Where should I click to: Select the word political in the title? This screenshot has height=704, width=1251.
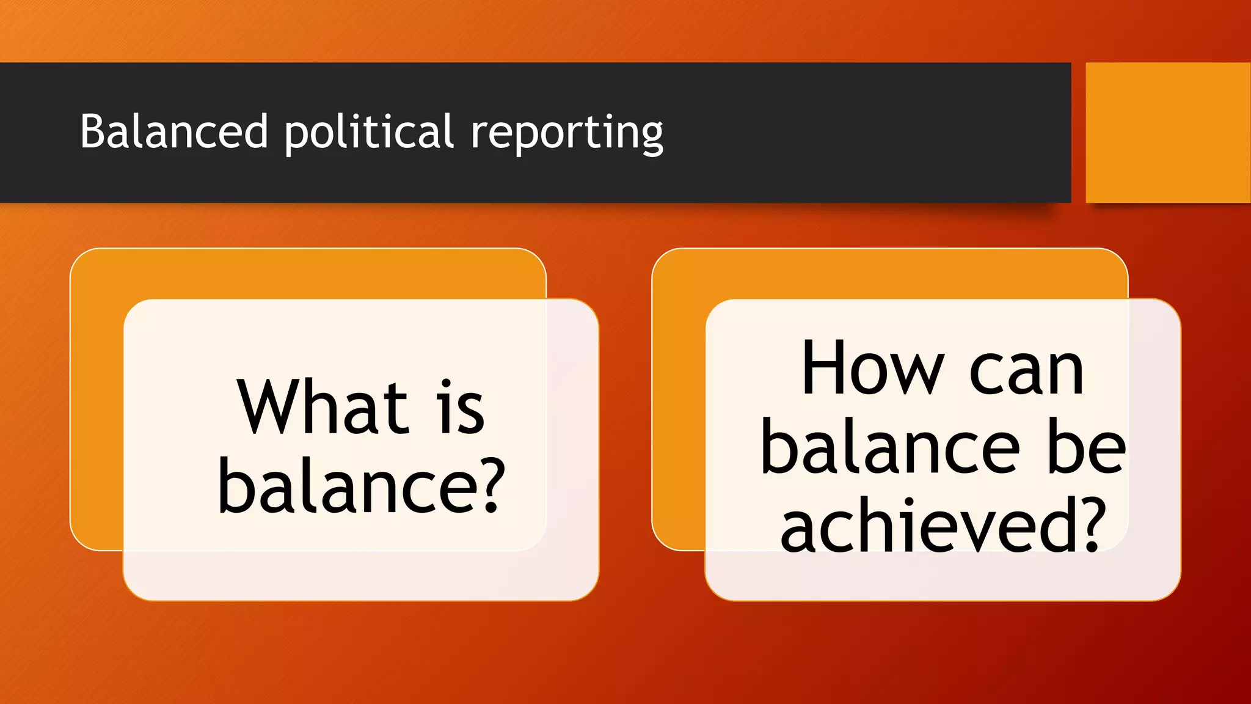369,132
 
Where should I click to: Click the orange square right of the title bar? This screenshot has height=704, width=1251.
1167,133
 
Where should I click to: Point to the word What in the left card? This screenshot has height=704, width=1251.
323,407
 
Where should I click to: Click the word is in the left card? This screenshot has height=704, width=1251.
462,408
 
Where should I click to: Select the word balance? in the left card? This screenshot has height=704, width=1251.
362,485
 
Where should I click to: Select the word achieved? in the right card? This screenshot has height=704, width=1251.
943,524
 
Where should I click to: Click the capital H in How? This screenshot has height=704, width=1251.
825,367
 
